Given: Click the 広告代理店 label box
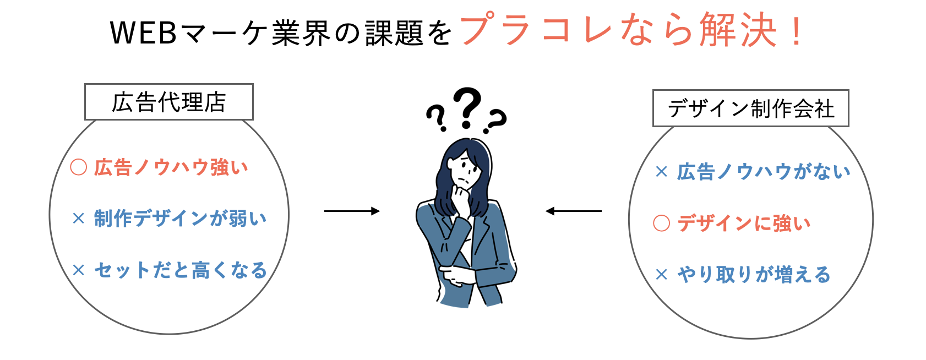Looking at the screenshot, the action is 168,102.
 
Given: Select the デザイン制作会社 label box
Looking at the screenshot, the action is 750,108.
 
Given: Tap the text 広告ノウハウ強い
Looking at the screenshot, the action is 171,167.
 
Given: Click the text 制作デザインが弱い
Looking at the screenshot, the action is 180,219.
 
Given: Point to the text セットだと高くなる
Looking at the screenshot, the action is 181,270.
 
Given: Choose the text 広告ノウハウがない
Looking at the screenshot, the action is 764,172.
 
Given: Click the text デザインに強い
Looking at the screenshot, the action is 744,223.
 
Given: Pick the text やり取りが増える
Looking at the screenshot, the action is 754,274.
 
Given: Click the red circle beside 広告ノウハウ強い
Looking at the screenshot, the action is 79,167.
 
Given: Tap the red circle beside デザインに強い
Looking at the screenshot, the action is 661,223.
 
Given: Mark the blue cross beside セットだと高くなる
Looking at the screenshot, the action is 79,270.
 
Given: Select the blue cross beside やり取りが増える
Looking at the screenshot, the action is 661,274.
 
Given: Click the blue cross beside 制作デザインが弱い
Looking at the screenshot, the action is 79,219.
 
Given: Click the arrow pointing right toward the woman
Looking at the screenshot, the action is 352,211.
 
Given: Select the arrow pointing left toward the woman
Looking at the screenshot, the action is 573,211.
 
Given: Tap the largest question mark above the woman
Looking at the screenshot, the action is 467,107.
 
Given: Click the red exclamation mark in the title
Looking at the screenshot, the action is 796,32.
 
